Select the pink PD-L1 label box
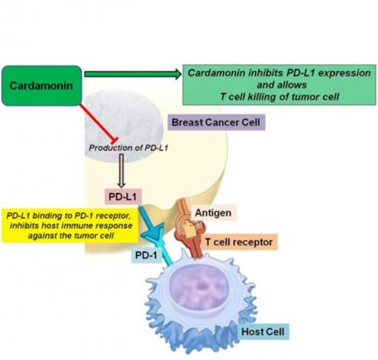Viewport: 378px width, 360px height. pos(121,194)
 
